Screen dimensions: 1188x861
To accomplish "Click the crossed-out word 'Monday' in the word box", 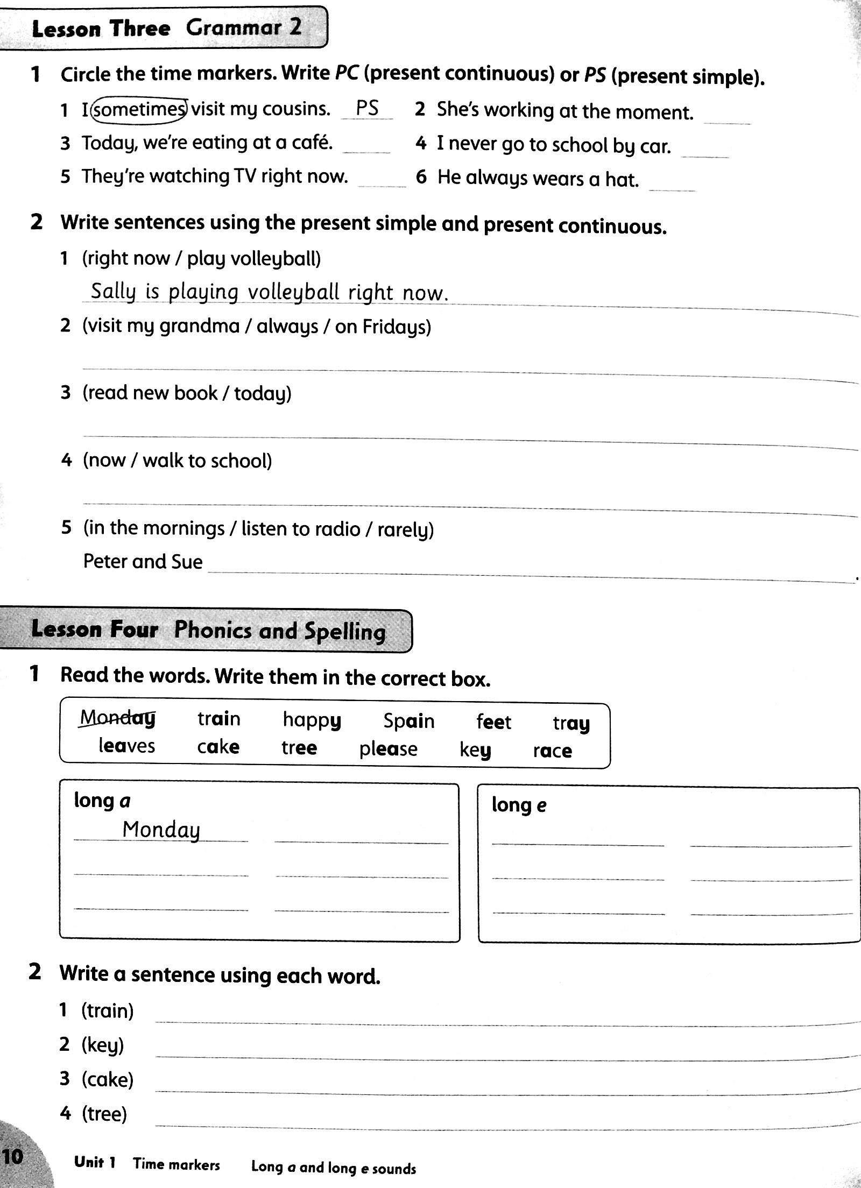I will [118, 718].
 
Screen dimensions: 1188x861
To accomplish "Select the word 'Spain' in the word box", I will [408, 720].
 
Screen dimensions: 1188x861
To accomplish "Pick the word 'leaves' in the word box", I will [126, 746].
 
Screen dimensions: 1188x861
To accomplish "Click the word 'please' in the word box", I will [388, 748].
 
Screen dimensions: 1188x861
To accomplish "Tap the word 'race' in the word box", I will [553, 750].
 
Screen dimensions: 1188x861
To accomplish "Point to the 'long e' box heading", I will [519, 805].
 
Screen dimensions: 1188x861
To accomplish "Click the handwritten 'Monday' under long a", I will [161, 830].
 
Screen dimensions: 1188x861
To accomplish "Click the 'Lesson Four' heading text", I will [95, 629].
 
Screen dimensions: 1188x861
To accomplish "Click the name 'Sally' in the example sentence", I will [112, 292].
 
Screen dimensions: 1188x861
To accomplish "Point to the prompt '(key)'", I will [103, 1045].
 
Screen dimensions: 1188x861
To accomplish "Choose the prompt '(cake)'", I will [107, 1079].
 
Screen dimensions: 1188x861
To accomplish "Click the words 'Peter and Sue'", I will [143, 562].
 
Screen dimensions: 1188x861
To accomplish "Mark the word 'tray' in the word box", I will [571, 724].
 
